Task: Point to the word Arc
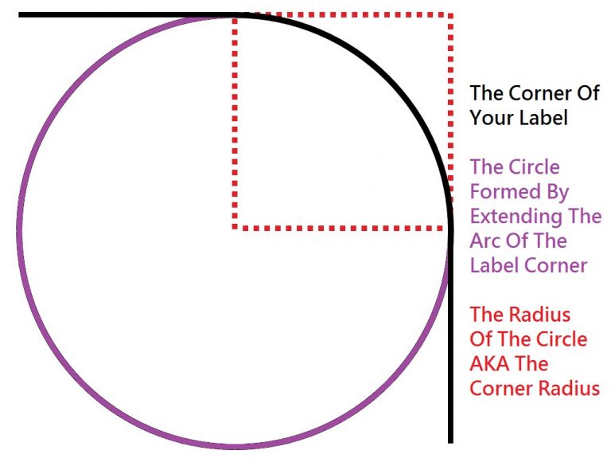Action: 485,241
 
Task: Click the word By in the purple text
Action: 557,192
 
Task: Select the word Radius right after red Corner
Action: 570,388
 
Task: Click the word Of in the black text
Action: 587,93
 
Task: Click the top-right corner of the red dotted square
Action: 450,15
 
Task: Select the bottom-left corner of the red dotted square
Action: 235,227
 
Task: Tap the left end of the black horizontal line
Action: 19,15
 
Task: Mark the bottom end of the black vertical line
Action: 450,443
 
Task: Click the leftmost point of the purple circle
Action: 19,231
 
